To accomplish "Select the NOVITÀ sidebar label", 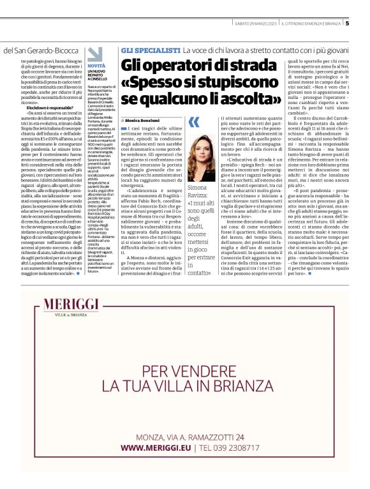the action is tap(97, 66).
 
